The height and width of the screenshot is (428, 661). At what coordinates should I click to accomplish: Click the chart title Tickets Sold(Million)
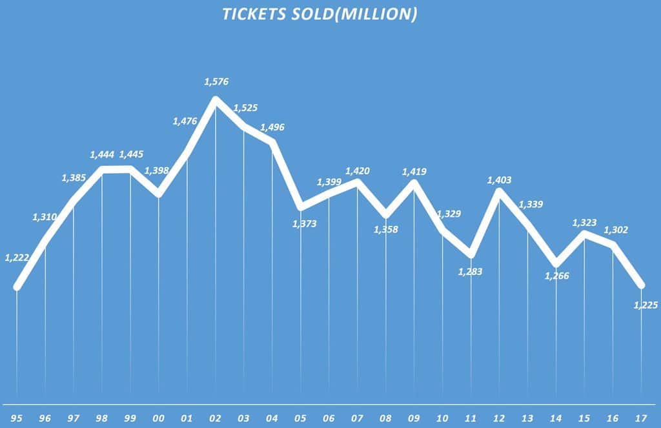tap(320, 15)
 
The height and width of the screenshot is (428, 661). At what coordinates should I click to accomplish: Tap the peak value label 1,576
tap(216, 82)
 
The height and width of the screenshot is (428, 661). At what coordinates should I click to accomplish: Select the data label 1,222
tap(17, 258)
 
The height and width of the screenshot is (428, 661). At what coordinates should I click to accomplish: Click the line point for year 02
tap(216, 99)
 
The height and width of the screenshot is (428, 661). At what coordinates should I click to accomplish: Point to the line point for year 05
tap(301, 207)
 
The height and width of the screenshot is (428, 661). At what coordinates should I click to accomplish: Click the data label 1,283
tap(471, 272)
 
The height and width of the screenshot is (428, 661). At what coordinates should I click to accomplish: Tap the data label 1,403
tap(499, 180)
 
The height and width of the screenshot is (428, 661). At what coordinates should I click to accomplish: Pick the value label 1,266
tap(556, 276)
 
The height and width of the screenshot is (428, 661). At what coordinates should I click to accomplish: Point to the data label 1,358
tap(386, 229)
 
